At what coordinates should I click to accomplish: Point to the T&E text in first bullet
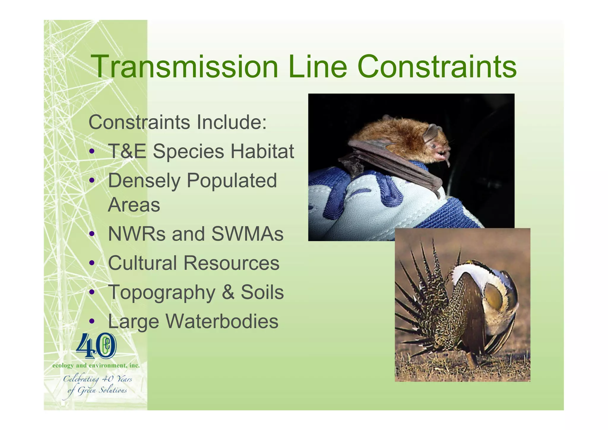click(x=127, y=151)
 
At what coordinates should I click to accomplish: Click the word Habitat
click(x=262, y=151)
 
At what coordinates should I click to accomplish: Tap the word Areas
click(x=134, y=205)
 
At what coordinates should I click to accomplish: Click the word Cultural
click(x=142, y=263)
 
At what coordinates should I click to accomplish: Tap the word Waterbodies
click(x=222, y=321)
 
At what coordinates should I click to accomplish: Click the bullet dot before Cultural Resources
click(x=92, y=263)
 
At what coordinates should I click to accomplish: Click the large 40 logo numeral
click(x=96, y=346)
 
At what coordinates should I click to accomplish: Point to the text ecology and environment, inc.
click(x=96, y=366)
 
